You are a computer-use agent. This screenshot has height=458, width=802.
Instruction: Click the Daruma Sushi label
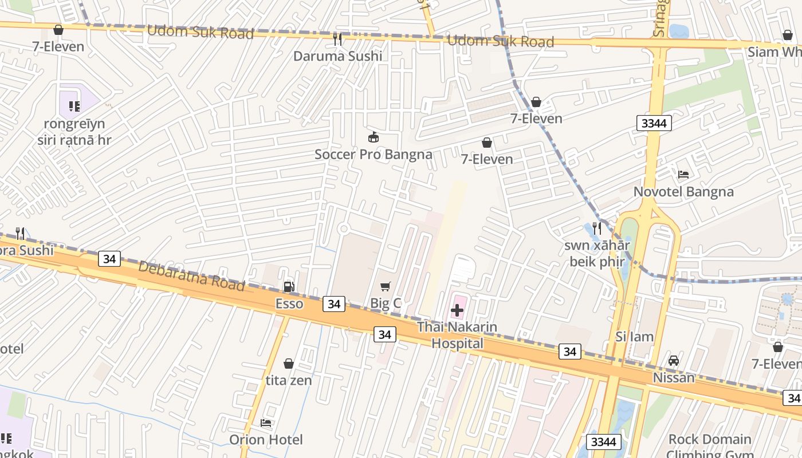[337, 56]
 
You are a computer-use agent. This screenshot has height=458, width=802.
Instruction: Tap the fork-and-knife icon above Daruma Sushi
[337, 39]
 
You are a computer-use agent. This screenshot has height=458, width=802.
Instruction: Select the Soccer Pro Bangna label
[373, 154]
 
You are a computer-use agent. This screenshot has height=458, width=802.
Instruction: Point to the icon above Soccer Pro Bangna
[373, 137]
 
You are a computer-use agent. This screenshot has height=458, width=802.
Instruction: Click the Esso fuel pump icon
[289, 286]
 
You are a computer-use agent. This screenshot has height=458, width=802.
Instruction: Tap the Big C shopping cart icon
[386, 286]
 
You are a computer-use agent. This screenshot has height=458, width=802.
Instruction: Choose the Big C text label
[386, 304]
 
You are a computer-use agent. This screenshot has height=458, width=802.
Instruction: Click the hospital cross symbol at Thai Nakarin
[457, 311]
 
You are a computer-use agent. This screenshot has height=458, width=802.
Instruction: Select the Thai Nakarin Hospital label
[457, 335]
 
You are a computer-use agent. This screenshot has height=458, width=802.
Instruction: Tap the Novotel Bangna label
[683, 192]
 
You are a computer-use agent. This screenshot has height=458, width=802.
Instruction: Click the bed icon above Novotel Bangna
[683, 174]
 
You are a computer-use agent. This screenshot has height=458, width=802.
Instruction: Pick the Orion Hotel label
[266, 440]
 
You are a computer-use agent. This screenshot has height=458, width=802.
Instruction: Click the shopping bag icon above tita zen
[289, 364]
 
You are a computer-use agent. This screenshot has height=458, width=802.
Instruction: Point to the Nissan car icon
[674, 361]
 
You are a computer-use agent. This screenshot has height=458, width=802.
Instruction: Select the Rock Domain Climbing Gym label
[710, 446]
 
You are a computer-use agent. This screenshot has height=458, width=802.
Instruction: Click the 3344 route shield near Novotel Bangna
[654, 123]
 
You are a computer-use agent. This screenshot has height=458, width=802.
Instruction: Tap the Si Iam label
[634, 337]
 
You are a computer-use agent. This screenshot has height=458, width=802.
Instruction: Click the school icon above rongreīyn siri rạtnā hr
[74, 106]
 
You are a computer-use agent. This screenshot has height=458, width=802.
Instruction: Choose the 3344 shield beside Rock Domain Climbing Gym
[604, 441]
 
